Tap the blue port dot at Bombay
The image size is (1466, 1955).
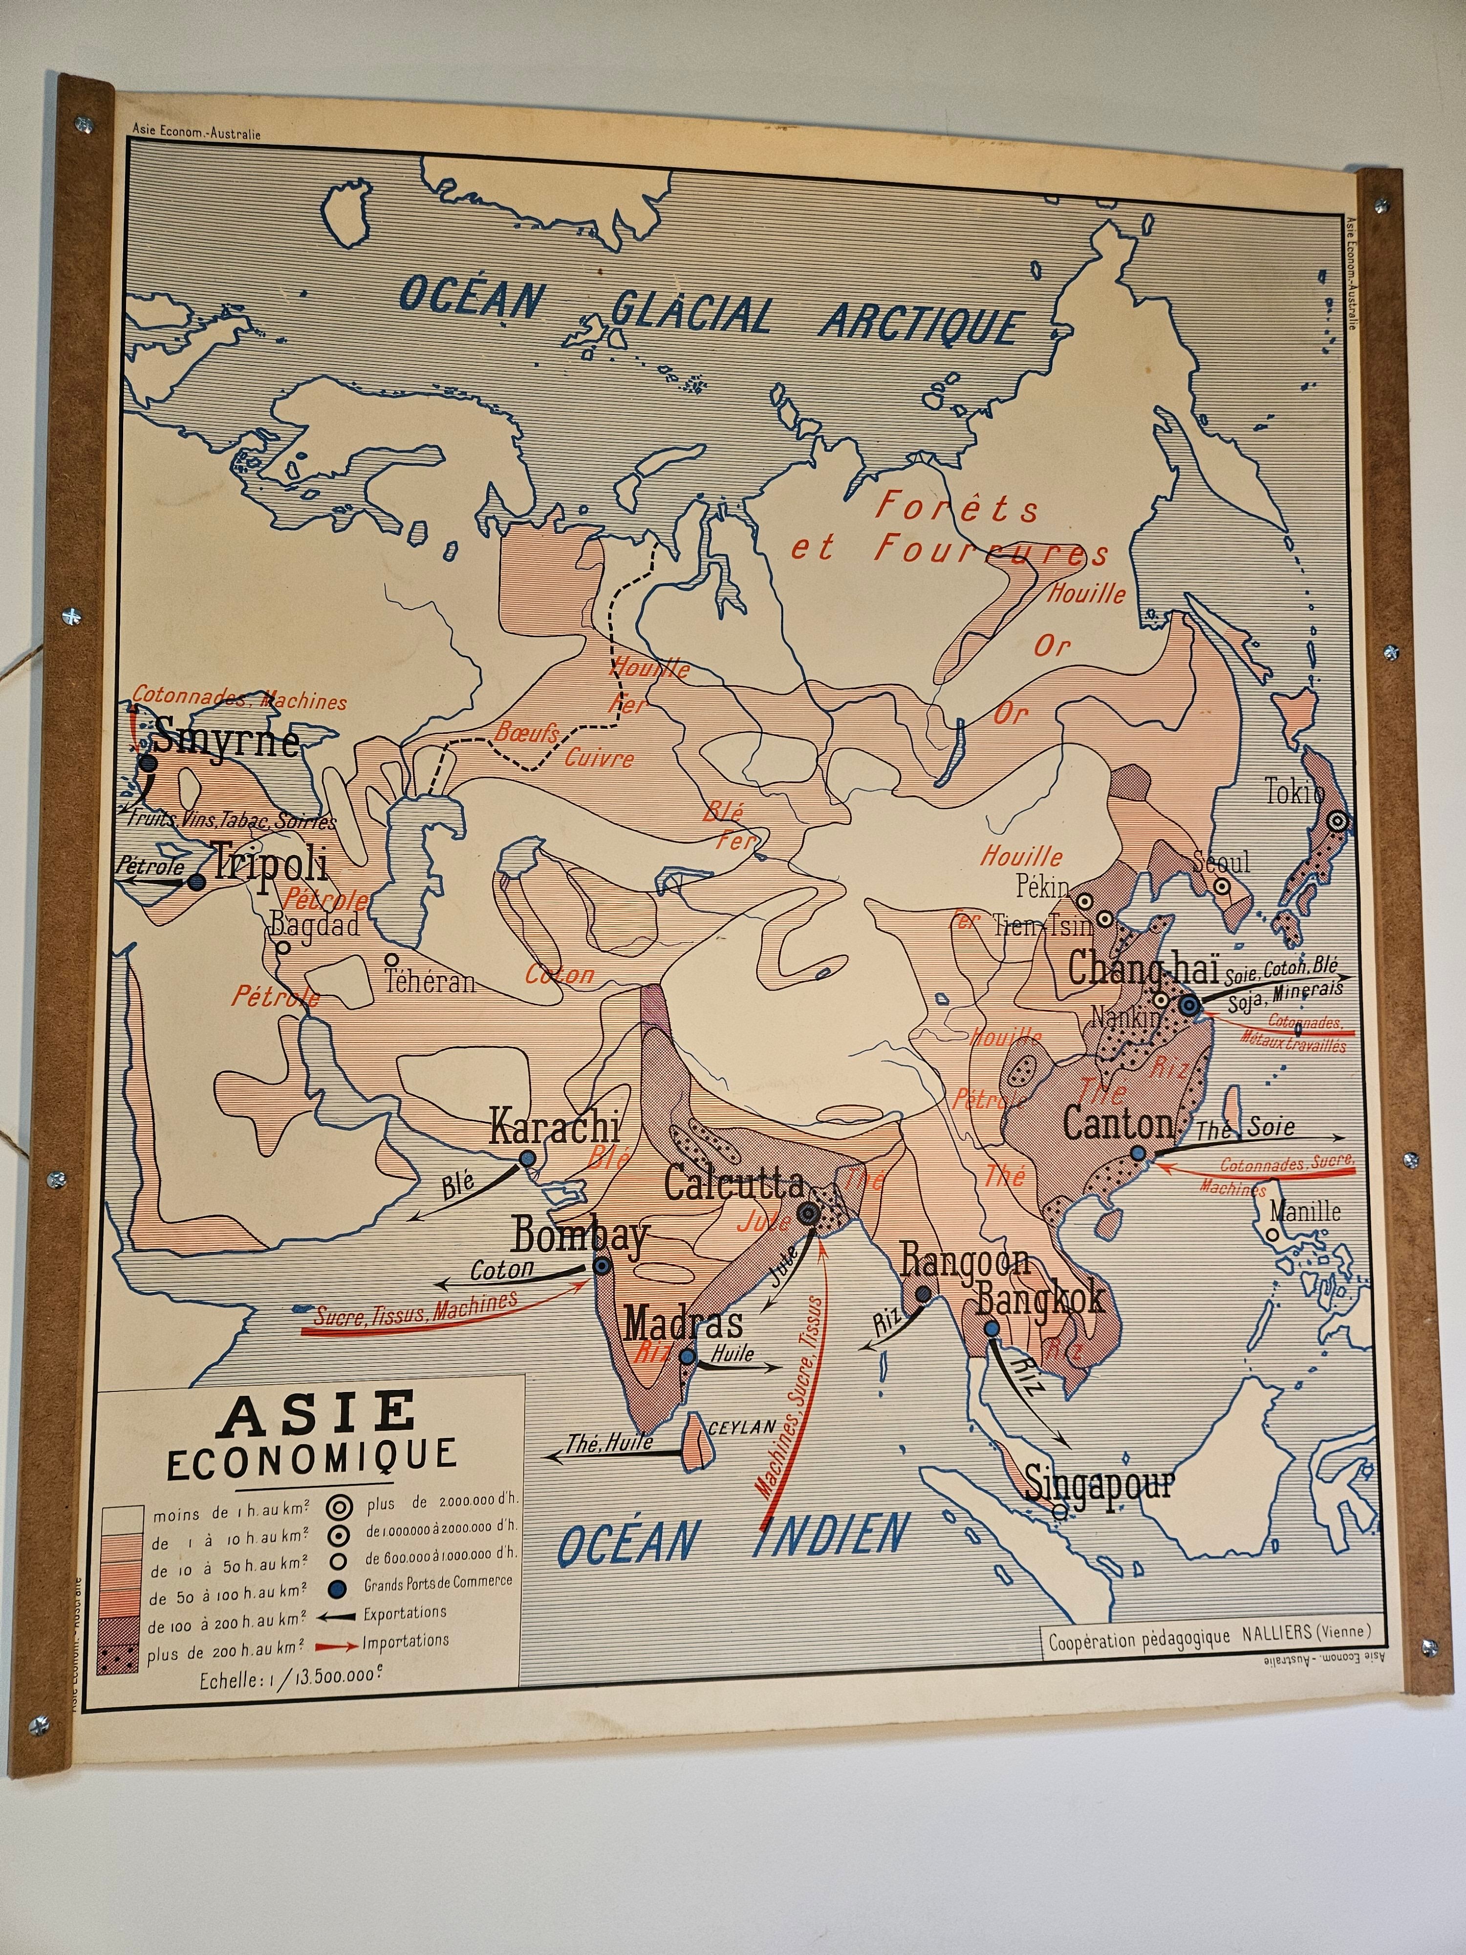click(x=602, y=1266)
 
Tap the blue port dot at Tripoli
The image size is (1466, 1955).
click(x=196, y=882)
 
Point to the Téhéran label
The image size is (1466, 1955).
click(x=431, y=981)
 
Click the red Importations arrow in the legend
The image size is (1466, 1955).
click(x=336, y=1644)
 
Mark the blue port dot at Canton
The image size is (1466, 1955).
click(x=1138, y=1153)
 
